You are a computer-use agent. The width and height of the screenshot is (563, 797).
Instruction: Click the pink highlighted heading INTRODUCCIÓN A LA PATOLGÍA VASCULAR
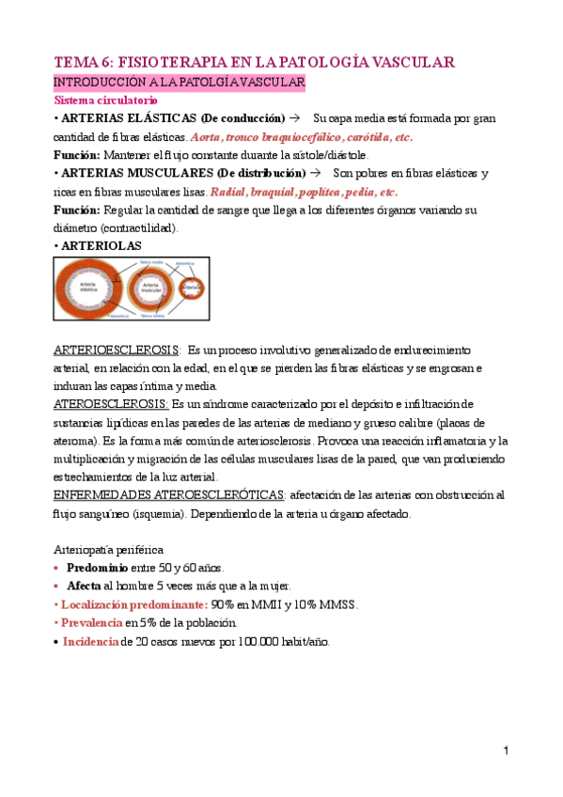pyautogui.click(x=179, y=83)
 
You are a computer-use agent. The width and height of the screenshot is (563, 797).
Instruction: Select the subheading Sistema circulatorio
pyautogui.click(x=106, y=100)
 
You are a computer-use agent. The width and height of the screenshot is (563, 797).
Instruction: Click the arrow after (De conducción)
pyautogui.click(x=296, y=118)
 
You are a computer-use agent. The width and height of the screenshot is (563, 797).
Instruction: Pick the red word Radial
pyautogui.click(x=228, y=191)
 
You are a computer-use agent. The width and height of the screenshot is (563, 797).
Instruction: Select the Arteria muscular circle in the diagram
pyautogui.click(x=151, y=289)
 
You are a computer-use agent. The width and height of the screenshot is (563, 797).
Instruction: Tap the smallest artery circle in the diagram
pyautogui.click(x=192, y=289)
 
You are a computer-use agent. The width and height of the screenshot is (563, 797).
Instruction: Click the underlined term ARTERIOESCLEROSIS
pyautogui.click(x=116, y=350)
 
